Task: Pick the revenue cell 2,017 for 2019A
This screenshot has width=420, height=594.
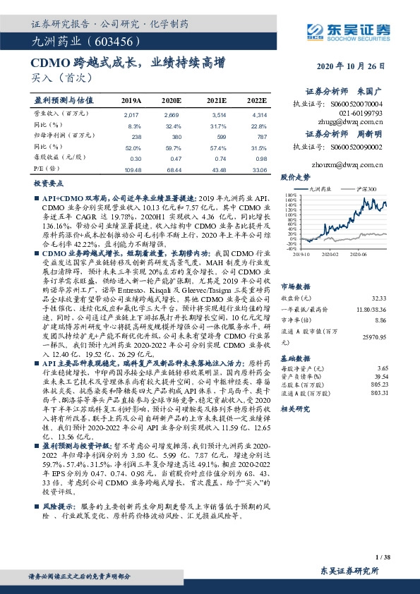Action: tap(131, 114)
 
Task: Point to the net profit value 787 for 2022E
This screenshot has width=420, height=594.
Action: tap(261, 136)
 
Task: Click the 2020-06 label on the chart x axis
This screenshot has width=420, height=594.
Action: tap(365, 253)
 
